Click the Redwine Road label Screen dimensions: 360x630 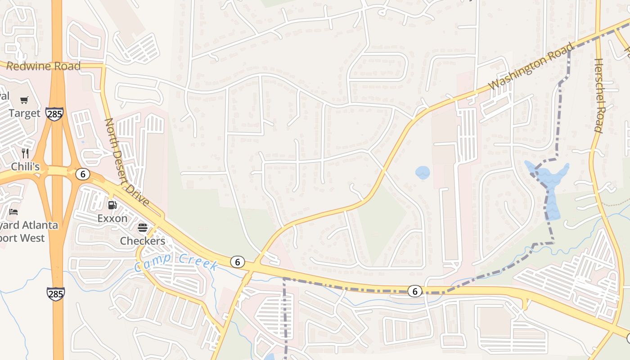[44, 67]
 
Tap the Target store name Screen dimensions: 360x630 [24, 113]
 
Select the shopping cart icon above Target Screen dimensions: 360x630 [24, 100]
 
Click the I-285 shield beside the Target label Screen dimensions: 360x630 [54, 114]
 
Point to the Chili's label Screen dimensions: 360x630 [25, 166]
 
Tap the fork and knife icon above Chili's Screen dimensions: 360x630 [25, 153]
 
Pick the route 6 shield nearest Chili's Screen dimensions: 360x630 [82, 174]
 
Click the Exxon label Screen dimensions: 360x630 [112, 219]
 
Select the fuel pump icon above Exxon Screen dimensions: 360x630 [112, 205]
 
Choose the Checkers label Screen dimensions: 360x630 [143, 241]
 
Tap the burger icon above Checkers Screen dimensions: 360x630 [143, 228]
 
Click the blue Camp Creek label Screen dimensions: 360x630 [176, 263]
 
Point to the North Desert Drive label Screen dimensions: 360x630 [127, 162]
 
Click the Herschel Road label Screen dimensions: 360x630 [598, 95]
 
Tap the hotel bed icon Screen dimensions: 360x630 [14, 211]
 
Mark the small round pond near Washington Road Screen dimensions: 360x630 [423, 172]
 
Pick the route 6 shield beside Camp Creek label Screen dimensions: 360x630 [237, 261]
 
